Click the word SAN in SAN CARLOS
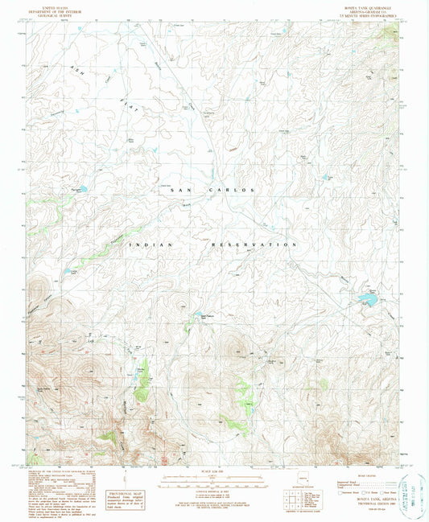[x=172, y=190]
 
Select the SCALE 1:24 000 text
[x=213, y=471]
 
